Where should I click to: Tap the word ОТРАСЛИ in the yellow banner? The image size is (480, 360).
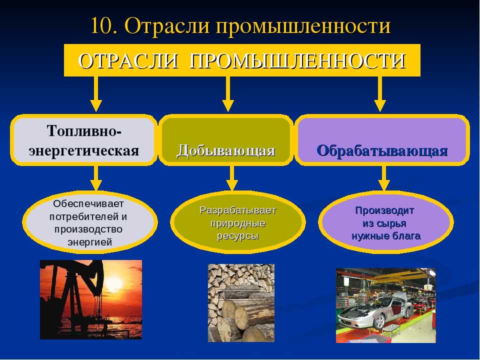128,60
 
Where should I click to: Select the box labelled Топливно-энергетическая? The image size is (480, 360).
83,140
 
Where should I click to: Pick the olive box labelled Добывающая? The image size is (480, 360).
226,140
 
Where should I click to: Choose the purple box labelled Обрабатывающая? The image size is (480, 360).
381,140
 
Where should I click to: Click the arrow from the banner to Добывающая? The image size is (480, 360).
227,94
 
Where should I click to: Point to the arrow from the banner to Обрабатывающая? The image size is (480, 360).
380,94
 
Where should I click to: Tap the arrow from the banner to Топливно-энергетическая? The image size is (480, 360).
96,94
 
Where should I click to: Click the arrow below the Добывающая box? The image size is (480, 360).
231,178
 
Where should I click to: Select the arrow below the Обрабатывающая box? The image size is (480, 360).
384,178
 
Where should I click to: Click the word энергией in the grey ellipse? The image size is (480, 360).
89,242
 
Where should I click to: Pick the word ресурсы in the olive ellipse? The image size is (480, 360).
238,236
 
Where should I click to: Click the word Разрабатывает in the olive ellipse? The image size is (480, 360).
238,210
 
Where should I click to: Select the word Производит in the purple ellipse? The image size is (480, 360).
384,210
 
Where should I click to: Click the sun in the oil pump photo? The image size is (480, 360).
114,284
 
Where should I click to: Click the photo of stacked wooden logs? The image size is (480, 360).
241,303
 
